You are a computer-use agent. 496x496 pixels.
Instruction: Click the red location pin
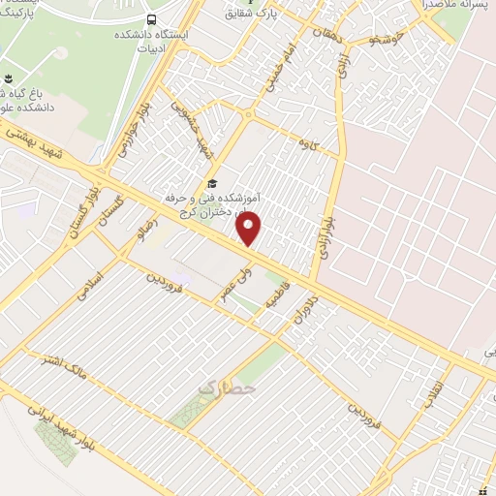pyautogui.click(x=250, y=229)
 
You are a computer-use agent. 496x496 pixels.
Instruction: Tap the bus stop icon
pyautogui.click(x=152, y=19)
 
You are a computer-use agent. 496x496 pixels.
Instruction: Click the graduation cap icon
pyautogui.click(x=212, y=184)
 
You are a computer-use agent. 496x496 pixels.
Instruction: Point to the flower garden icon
pyautogui.click(x=9, y=78)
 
